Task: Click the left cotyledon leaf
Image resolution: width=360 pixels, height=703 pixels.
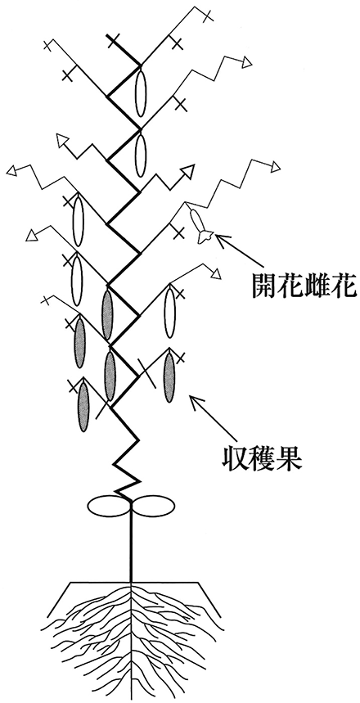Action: click(109, 506)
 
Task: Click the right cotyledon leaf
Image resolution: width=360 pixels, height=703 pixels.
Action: click(151, 506)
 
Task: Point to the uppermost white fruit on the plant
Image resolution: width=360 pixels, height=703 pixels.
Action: click(141, 91)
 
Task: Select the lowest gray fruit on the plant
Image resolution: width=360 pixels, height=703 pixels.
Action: click(83, 406)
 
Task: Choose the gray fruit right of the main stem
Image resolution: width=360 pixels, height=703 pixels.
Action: click(169, 377)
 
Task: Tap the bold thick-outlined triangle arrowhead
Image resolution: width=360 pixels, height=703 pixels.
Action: click(188, 171)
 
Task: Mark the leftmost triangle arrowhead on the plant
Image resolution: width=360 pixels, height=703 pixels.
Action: click(12, 170)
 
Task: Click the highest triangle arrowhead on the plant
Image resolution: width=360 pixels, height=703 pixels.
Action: click(246, 62)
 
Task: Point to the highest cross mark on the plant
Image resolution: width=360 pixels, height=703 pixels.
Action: click(207, 15)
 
